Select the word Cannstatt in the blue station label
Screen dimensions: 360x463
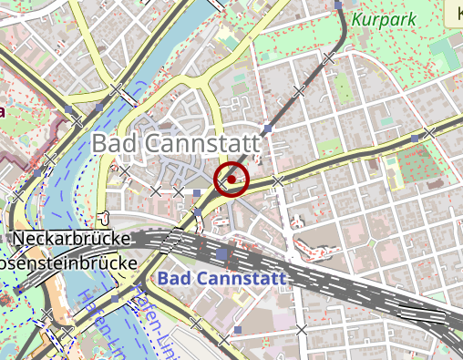point(241,277)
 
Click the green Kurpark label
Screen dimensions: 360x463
point(382,18)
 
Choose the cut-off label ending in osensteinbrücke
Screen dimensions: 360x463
point(68,262)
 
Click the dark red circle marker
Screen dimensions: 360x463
point(231,180)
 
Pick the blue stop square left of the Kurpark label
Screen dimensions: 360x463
point(338,5)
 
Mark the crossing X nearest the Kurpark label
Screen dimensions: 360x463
point(327,58)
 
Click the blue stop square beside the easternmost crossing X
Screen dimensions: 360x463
point(416,138)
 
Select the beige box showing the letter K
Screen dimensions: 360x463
point(454,13)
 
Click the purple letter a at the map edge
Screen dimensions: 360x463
point(3,111)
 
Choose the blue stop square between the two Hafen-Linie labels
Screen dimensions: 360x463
point(115,298)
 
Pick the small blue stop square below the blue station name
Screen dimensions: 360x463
point(238,329)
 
